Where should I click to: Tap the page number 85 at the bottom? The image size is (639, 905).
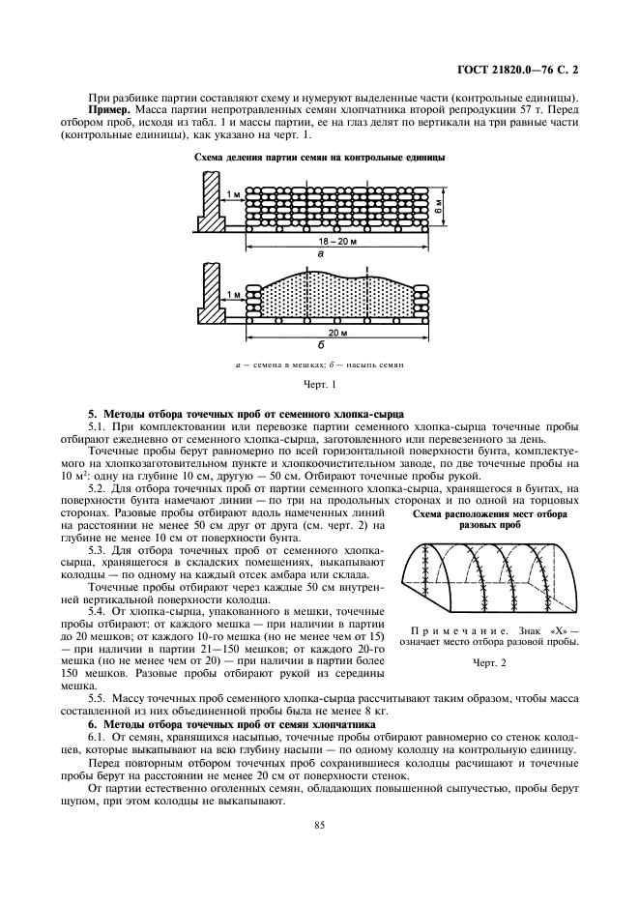pyautogui.click(x=319, y=825)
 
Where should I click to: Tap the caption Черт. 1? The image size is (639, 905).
pyautogui.click(x=319, y=385)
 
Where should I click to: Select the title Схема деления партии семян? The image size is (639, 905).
pyautogui.click(x=319, y=157)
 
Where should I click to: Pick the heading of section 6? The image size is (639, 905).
pyautogui.click(x=227, y=723)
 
